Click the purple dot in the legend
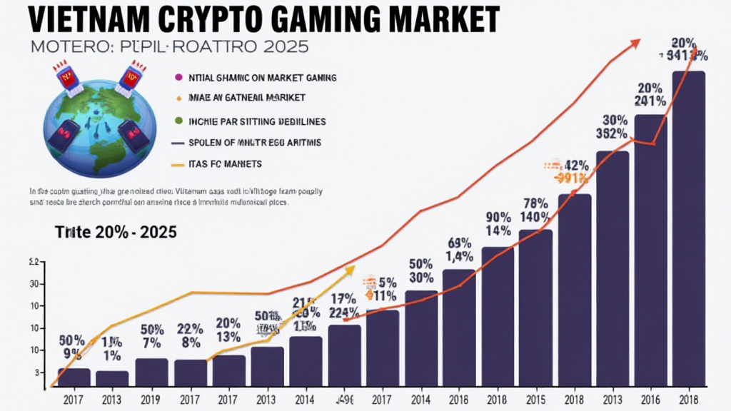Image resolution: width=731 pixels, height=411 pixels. tap(176, 76)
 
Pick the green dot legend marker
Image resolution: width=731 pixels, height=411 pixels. tap(176, 120)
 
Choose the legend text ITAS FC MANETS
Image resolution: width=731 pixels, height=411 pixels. tap(226, 164)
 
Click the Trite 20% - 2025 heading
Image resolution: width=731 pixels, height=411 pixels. tap(116, 232)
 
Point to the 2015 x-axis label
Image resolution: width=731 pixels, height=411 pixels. tap(535, 400)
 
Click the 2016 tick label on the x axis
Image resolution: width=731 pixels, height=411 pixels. tap(652, 400)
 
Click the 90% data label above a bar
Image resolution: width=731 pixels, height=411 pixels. tap(498, 217)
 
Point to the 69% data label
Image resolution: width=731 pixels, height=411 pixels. tap(460, 243)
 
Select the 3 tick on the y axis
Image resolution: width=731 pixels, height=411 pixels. tap(34, 372)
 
